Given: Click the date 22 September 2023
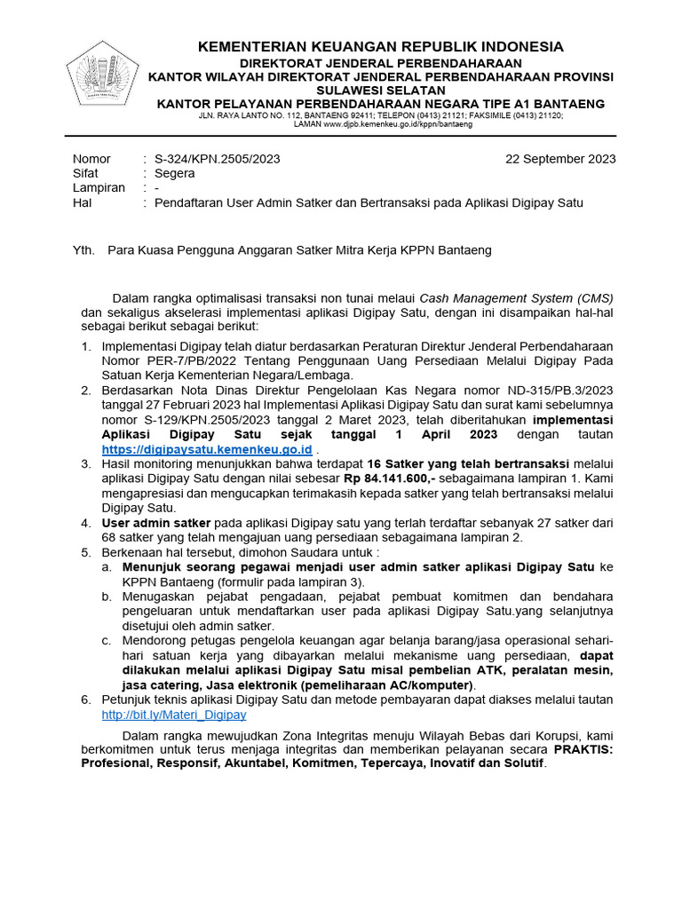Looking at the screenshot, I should tap(560, 159).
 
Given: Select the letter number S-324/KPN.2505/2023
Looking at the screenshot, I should tap(218, 159).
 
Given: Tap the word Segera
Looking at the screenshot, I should tap(174, 173).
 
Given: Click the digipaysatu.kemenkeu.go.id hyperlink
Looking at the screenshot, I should tap(207, 450).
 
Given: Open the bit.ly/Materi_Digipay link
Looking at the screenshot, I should tap(174, 714).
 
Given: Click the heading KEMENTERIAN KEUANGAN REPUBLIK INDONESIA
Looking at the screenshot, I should tap(380, 46).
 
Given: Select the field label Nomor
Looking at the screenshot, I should tap(91, 159).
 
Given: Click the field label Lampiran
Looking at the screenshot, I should tap(99, 187).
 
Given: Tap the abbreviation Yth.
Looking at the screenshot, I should tap(83, 250).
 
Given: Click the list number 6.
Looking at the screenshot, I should tap(85, 700).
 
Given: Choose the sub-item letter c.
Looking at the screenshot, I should tap(106, 640).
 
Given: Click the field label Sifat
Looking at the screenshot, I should tap(85, 173).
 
